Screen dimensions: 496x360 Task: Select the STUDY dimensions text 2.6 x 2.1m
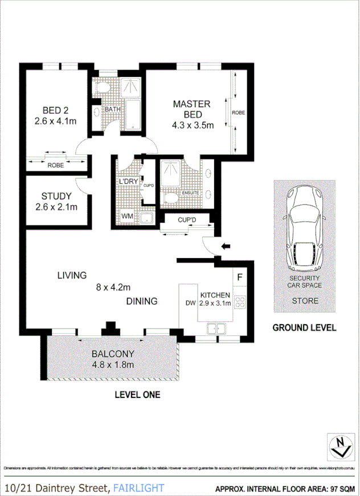tap(56, 207)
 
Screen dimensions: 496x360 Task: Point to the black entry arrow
tap(226, 247)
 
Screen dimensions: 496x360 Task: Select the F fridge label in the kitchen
tap(240, 277)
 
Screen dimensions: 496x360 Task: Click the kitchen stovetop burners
tap(240, 302)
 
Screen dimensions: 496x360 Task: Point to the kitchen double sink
tap(216, 327)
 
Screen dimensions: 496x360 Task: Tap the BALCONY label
tap(113, 354)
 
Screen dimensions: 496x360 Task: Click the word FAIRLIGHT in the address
tap(138, 488)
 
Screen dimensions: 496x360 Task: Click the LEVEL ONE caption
tap(137, 394)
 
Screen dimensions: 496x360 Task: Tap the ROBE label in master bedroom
tap(238, 113)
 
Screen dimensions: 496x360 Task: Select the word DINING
tap(142, 301)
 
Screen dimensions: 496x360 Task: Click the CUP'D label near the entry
tap(187, 219)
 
